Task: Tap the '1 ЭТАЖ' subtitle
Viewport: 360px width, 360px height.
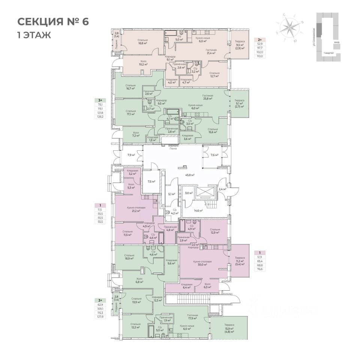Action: point(34,36)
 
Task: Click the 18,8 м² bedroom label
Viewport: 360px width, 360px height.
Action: point(142,42)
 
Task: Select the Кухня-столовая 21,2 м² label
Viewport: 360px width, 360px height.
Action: point(133,209)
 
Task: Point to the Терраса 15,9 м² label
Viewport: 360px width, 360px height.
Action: point(229,330)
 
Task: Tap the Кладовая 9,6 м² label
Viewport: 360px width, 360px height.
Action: point(171,261)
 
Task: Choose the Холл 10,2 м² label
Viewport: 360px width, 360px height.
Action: point(143,63)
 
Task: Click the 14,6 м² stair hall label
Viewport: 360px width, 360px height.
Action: point(198,211)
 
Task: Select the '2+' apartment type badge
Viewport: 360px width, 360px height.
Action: point(259,39)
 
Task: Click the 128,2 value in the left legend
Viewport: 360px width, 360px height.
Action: point(100,117)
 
